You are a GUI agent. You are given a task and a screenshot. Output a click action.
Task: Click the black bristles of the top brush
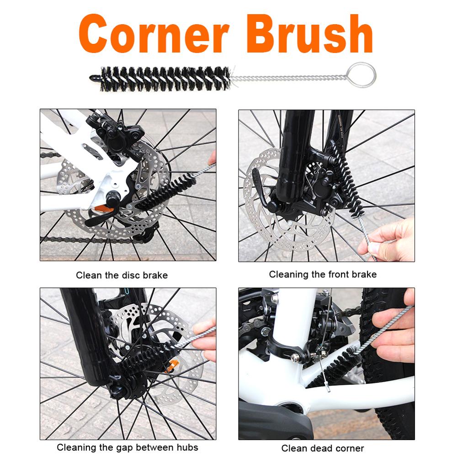165,78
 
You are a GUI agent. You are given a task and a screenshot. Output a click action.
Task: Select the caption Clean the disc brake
122,275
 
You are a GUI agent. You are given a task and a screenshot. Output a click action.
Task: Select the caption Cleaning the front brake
323,274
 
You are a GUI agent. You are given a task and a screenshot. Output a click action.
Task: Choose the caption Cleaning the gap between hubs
128,447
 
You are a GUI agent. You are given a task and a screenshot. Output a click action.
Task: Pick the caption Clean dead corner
323,448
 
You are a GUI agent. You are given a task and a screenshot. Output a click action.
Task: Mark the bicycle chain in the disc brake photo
82,239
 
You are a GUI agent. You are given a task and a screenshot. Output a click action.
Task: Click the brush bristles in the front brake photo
347,183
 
